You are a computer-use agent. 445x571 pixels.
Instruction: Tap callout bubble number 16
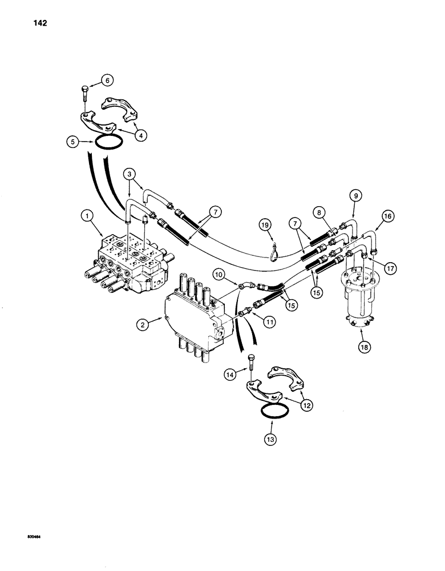pos(387,216)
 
